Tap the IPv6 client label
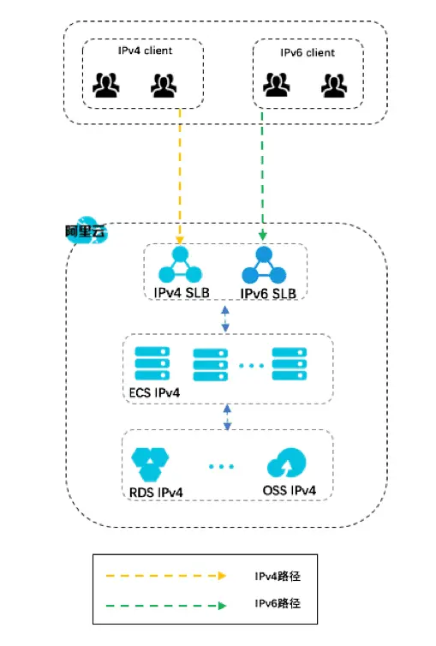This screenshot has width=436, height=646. coord(308,53)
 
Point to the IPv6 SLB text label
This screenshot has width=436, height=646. coord(268,294)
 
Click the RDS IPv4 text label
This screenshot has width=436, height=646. coord(158,492)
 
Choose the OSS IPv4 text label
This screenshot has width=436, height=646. coord(290,491)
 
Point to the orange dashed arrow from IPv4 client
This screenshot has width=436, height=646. coord(180,171)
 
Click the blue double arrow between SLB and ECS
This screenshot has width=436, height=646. coord(225,319)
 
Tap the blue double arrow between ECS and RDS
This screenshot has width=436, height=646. coord(228,417)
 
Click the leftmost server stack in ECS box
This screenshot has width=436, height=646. coord(152,364)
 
